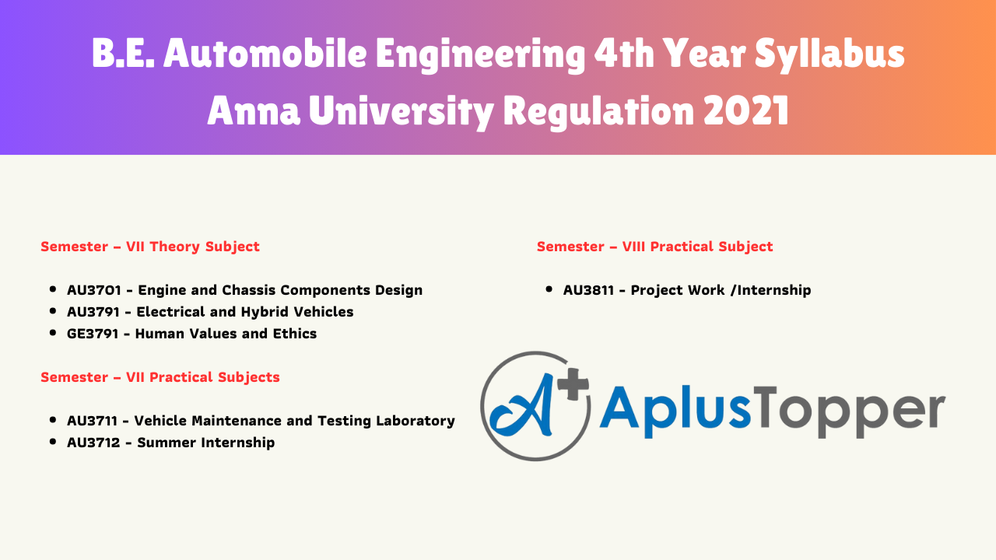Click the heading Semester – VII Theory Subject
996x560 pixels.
pos(150,247)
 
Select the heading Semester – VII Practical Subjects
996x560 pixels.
pos(160,377)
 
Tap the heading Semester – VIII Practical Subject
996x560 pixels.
pos(654,247)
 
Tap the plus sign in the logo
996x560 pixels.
pos(573,384)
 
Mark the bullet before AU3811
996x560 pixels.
pos(549,289)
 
